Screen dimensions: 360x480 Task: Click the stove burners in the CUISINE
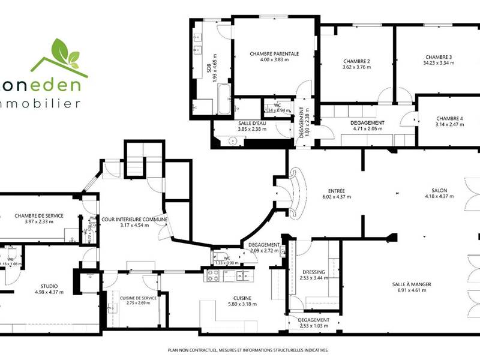213,275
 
